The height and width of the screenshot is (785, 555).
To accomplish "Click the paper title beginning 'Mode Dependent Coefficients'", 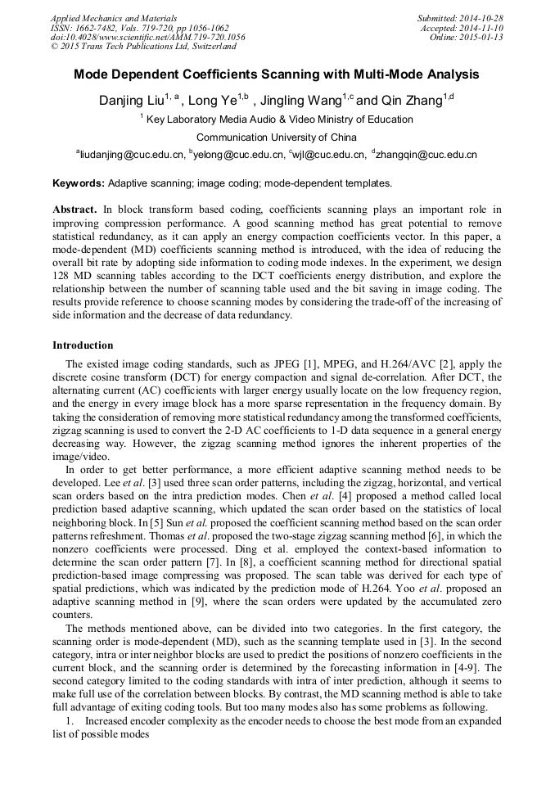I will [277, 74].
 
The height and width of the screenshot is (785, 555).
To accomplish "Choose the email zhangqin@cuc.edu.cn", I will [426, 153].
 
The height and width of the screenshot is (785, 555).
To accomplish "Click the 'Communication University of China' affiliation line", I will [277, 137].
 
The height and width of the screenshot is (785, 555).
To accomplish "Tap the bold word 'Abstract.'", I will [74, 210].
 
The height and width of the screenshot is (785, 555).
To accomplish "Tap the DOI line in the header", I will [147, 37].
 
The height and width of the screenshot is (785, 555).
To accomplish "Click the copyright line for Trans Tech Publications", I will [143, 47].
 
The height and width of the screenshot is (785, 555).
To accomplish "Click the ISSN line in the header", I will [139, 27].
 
